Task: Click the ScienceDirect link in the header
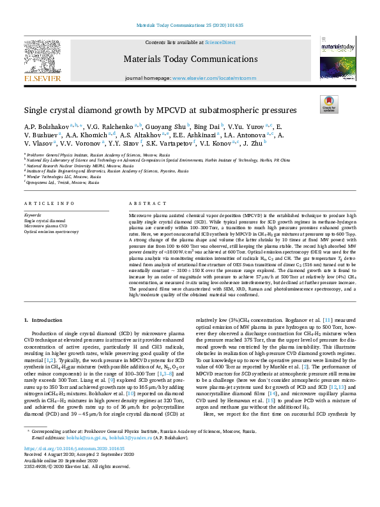point(219,42)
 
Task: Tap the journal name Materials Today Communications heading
point(190,60)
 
